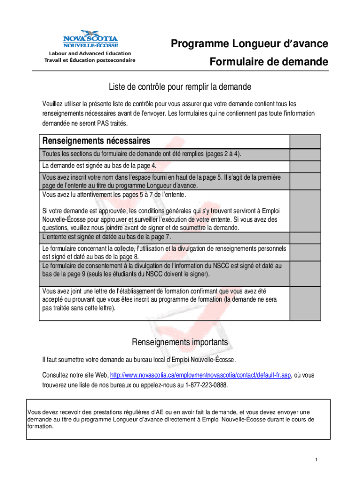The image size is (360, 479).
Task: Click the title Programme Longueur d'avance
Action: pyautogui.click(x=249, y=44)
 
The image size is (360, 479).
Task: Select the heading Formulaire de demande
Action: pyautogui.click(x=269, y=62)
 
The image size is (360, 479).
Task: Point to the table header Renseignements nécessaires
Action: pyautogui.click(x=97, y=141)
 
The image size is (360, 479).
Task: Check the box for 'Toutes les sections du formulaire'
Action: pyautogui.click(x=305, y=155)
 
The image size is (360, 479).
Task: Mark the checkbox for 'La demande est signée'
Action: pyautogui.click(x=305, y=167)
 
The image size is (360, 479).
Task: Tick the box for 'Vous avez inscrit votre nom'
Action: pyautogui.click(x=305, y=181)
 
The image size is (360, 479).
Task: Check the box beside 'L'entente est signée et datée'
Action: pyautogui.click(x=305, y=237)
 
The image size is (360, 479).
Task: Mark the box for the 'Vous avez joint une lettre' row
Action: pyautogui.click(x=305, y=302)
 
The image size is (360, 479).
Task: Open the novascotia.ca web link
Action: pyautogui.click(x=201, y=375)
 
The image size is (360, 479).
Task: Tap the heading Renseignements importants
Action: pyautogui.click(x=180, y=342)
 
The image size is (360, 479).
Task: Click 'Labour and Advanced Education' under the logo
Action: pyautogui.click(x=88, y=53)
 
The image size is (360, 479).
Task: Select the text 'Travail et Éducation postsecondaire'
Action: pyautogui.click(x=90, y=60)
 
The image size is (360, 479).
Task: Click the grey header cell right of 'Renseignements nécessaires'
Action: pyautogui.click(x=305, y=141)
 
